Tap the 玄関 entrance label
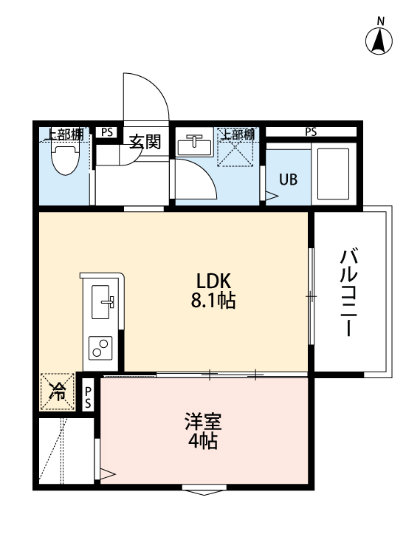[145, 141]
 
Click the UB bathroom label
[288, 179]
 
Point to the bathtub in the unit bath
[334, 174]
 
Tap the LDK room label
[214, 281]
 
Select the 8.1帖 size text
[214, 301]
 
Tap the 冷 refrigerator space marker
[57, 392]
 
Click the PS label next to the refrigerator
[88, 397]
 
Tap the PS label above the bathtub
[311, 132]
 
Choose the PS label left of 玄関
[108, 132]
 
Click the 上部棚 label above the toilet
[66, 134]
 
